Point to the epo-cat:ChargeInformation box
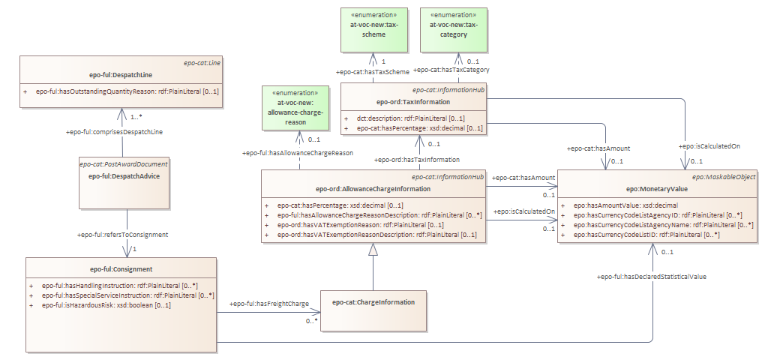(373, 302)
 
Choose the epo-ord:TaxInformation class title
(413, 101)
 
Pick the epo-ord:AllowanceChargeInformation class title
(373, 189)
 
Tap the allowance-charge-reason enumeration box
(298, 107)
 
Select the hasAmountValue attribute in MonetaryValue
(625, 205)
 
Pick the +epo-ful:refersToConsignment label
(122, 235)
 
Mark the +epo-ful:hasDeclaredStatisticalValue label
(651, 277)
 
